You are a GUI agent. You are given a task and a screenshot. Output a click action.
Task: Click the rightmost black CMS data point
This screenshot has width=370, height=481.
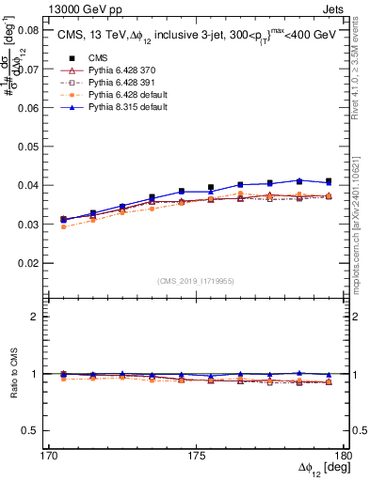(329, 181)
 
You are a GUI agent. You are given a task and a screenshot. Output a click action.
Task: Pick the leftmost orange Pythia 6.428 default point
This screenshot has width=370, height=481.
(63, 226)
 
